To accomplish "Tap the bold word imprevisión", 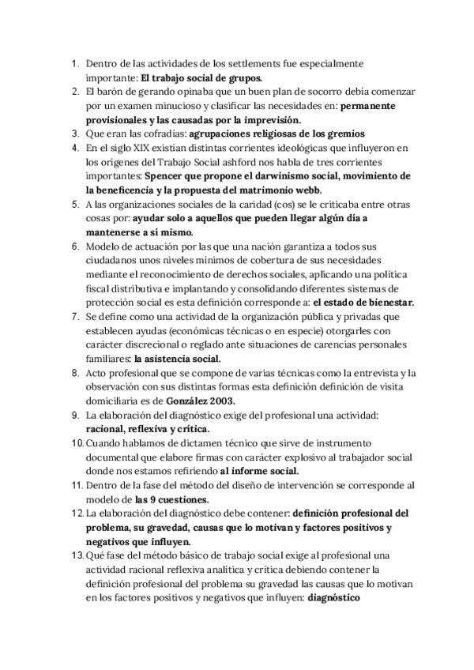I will (x=271, y=119).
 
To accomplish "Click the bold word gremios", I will (x=340, y=134).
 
